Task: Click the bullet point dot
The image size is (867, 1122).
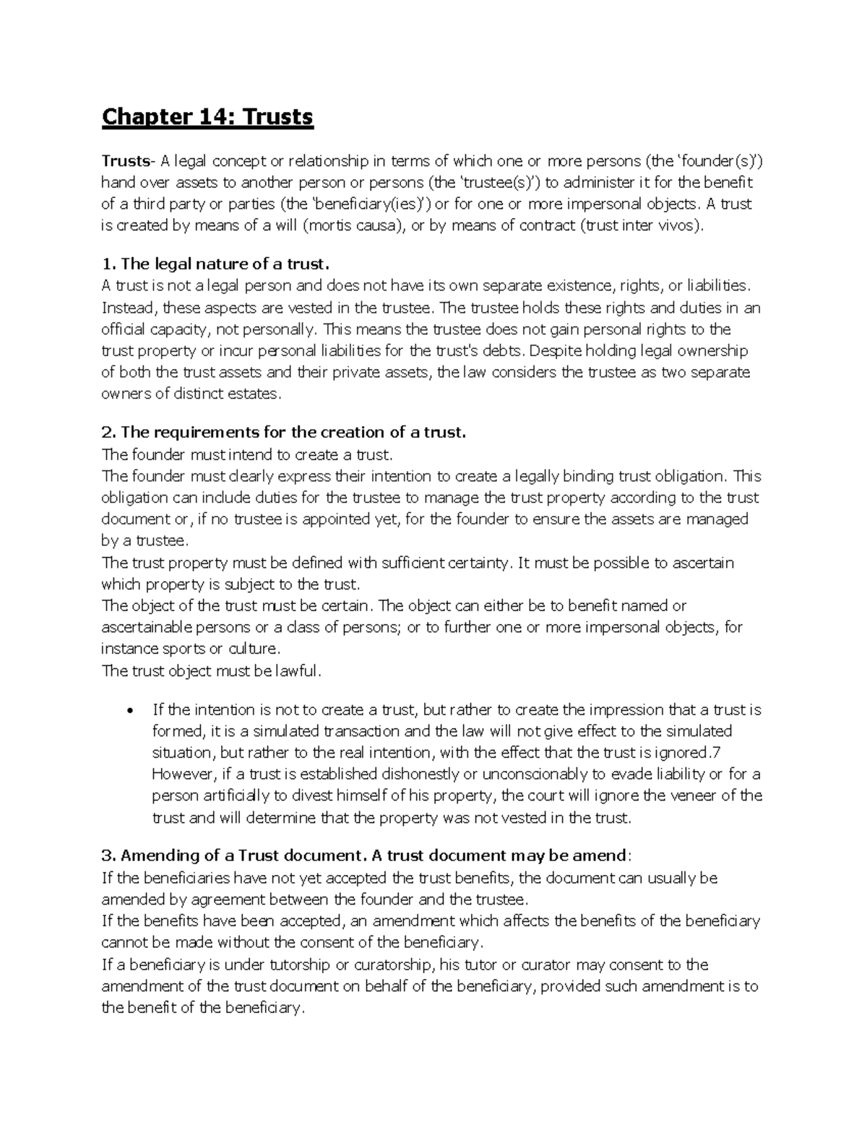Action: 129,710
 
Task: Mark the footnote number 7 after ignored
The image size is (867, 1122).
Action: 716,753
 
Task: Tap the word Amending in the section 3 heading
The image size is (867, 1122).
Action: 155,856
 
